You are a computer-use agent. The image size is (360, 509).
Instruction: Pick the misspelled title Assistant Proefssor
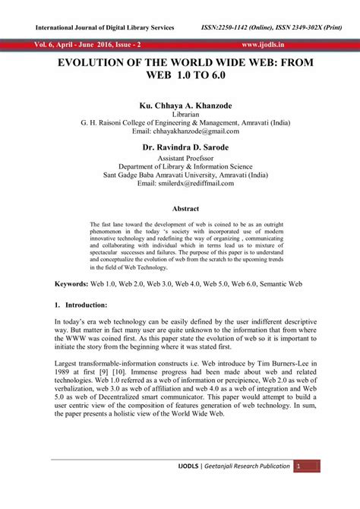180,159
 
